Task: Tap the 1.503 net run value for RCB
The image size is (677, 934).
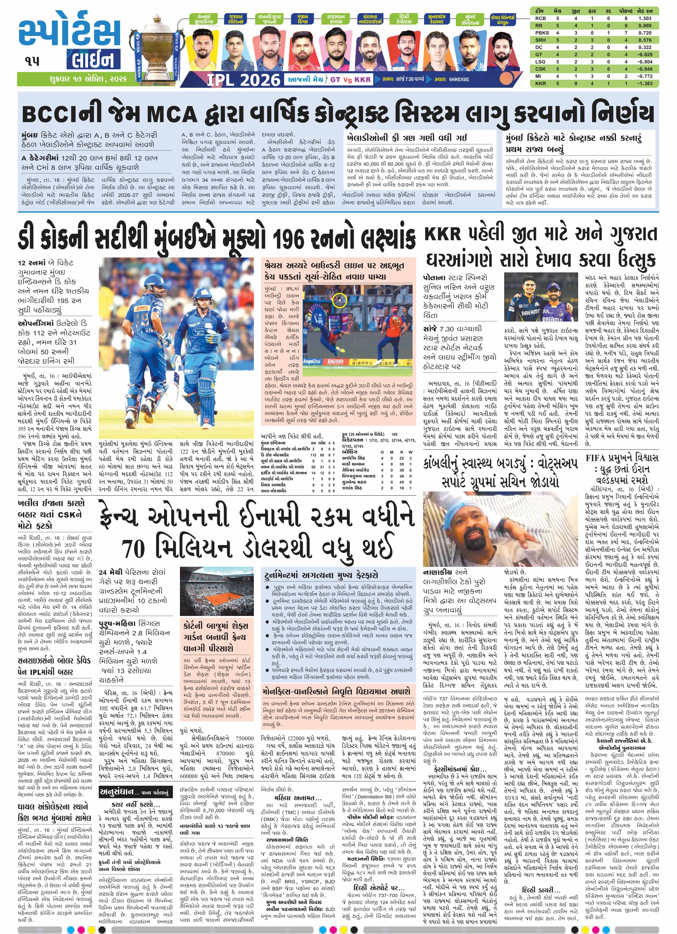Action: click(x=645, y=19)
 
